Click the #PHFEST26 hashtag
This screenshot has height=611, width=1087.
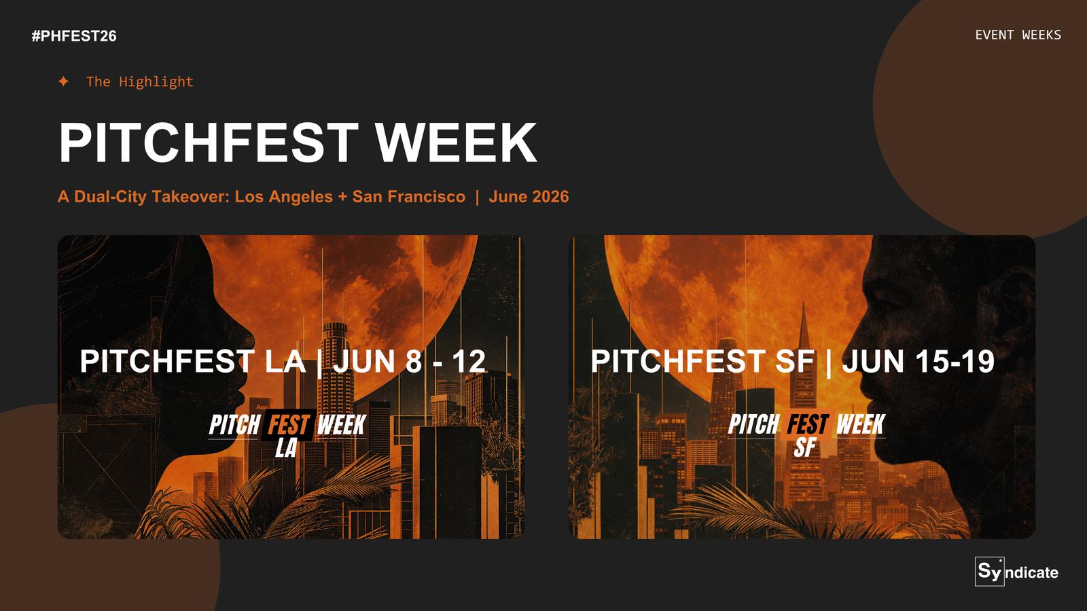[x=74, y=36]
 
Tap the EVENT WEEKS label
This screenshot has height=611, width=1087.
[x=1018, y=35]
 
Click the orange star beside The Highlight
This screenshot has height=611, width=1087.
[x=64, y=81]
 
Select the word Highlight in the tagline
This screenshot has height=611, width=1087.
[x=156, y=82]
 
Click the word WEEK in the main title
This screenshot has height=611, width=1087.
[x=456, y=143]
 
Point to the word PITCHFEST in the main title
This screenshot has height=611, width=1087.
[x=209, y=143]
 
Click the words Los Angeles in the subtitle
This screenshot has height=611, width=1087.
[x=284, y=197]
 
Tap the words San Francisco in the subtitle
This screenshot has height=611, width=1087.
[x=408, y=196]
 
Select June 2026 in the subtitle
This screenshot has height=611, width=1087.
[x=529, y=196]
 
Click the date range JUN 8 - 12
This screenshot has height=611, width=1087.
[x=410, y=361]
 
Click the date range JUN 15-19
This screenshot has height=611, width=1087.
[x=918, y=361]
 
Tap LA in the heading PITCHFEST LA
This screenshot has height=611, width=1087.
[x=285, y=361]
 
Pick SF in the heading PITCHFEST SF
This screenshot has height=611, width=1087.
[x=794, y=361]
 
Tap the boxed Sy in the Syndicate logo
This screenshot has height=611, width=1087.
[x=989, y=571]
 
